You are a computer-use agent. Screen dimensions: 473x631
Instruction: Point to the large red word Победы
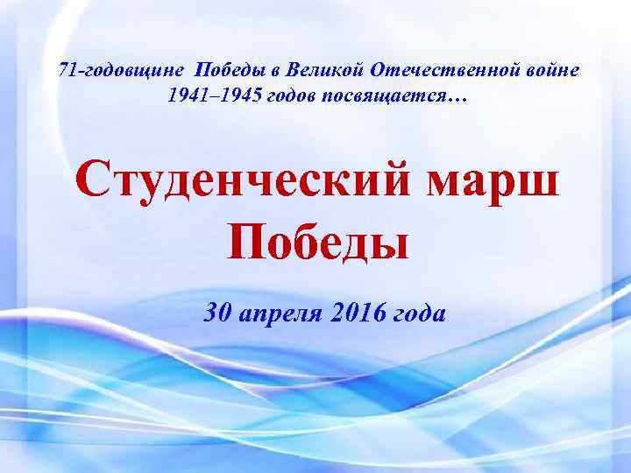318,240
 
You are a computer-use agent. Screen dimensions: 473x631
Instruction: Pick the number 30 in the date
216,311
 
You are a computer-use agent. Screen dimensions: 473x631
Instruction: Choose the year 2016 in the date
356,311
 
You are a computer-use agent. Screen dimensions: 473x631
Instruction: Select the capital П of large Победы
247,239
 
